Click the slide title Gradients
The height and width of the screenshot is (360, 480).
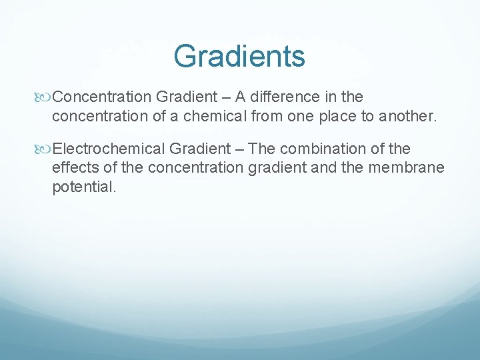239,56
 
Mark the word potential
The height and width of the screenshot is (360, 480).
83,187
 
